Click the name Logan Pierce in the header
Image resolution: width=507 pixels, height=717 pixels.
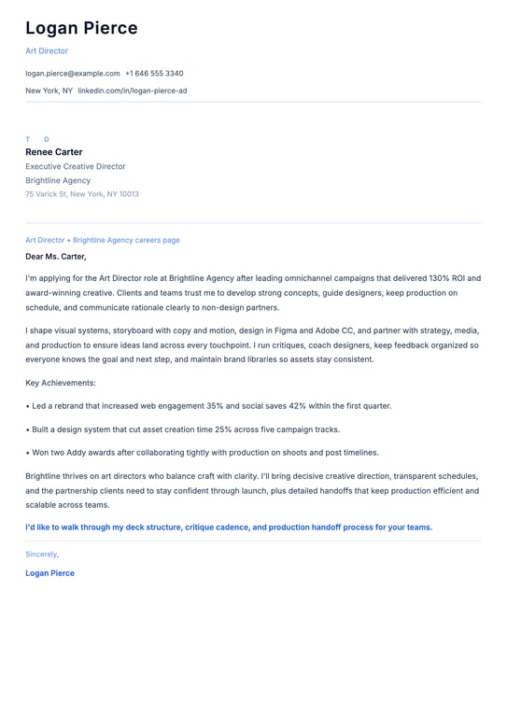[x=81, y=28]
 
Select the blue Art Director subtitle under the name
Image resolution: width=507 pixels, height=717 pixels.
[x=47, y=51]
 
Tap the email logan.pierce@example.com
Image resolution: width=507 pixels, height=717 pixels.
[x=73, y=73]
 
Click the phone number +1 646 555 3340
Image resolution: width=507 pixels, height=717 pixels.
[x=154, y=73]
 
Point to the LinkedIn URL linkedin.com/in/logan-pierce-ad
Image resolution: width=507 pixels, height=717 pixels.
[x=132, y=91]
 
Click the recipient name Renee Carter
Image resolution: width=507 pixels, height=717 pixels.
[x=54, y=152]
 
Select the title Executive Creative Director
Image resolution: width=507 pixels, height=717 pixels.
[x=76, y=166]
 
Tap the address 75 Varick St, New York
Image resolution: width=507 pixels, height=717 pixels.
[x=82, y=194]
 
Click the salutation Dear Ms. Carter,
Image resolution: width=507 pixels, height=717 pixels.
[x=56, y=256]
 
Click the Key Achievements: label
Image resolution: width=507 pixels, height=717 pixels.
[x=61, y=383]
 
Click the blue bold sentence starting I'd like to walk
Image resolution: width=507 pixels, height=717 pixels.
[x=229, y=527]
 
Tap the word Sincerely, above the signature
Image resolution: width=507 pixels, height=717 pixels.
[x=42, y=555]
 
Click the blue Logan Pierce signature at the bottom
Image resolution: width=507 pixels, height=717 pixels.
[x=49, y=573]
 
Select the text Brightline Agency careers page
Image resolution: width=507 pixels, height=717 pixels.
[x=126, y=240]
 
